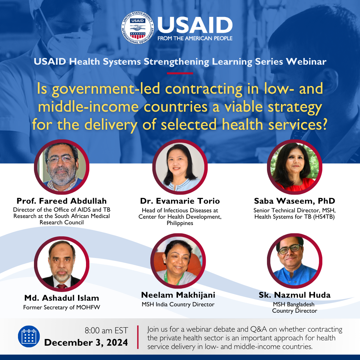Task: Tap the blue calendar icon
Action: point(29,336)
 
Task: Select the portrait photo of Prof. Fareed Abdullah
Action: point(62,167)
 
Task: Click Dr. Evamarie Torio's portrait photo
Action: point(180,167)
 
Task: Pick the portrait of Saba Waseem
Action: point(295,167)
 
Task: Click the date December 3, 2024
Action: point(86,343)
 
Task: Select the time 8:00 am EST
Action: point(106,331)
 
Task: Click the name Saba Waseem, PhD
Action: point(294,201)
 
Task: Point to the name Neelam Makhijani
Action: point(178,295)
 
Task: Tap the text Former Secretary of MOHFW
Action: point(62,307)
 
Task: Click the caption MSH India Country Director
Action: point(178,304)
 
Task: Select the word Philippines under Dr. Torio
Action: point(180,223)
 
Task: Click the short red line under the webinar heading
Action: point(180,73)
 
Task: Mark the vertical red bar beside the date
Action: point(138,337)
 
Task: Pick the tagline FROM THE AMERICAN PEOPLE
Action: point(195,38)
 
